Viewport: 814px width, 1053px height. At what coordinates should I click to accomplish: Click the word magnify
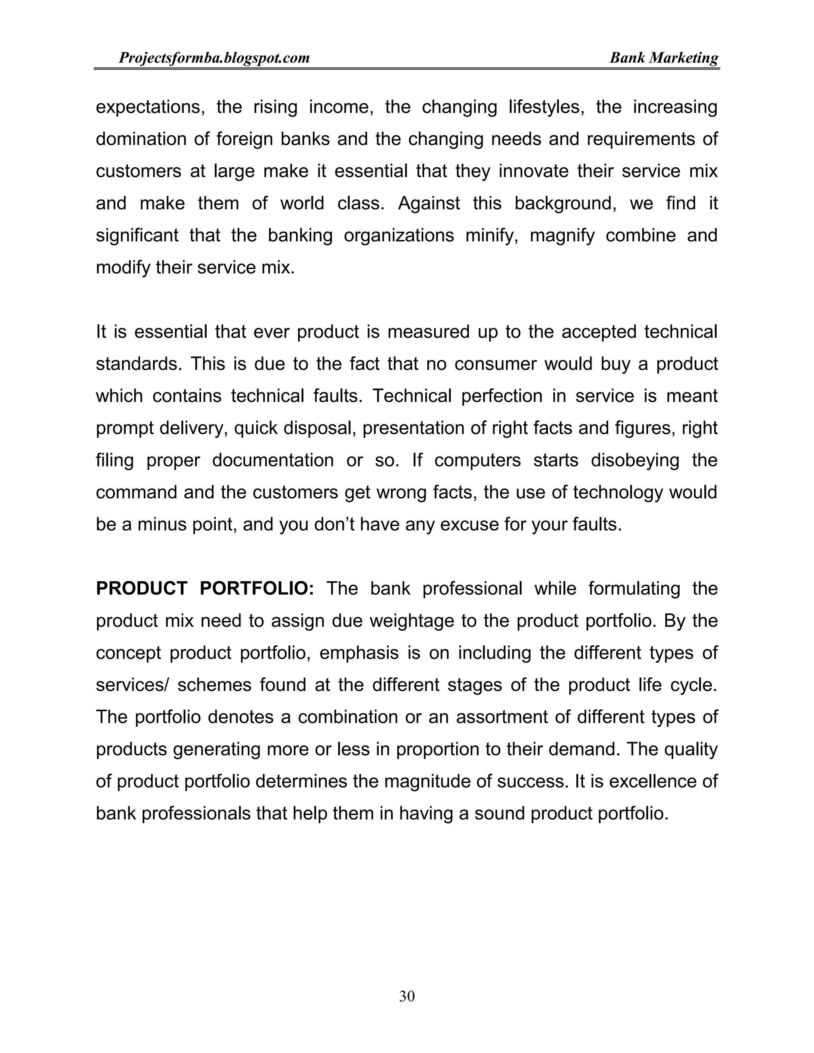point(562,236)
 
